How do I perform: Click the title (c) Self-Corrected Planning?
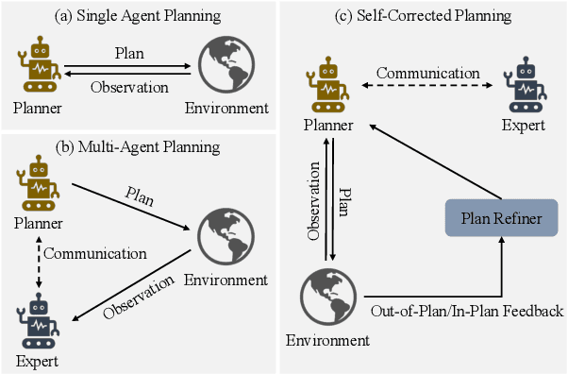click(423, 17)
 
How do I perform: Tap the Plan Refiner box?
click(503, 219)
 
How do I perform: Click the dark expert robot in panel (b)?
click(39, 321)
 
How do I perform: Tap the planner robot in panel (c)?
click(328, 84)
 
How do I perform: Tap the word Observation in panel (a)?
click(129, 88)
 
